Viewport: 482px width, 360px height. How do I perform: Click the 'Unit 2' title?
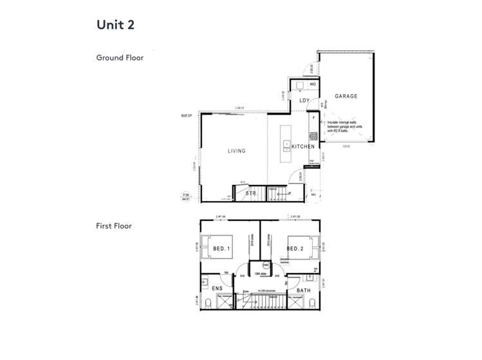coord(116,24)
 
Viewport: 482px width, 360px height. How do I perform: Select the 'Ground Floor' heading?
coord(120,57)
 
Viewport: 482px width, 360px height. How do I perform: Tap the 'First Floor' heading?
coord(114,226)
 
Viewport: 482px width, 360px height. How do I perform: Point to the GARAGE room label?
coord(346,97)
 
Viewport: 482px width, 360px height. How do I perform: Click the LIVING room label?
coord(236,151)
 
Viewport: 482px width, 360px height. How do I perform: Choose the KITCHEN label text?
coord(303,147)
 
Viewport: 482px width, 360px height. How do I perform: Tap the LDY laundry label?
coord(304,101)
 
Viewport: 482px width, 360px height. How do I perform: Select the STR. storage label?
coord(252,193)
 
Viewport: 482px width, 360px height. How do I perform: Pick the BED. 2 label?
coord(295,249)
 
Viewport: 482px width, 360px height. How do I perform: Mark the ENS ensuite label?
coord(217,289)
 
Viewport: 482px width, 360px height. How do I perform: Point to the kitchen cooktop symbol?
coord(313,137)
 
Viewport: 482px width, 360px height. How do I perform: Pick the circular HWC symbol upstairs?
coord(266,265)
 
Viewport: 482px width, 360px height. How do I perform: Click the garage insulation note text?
coord(347,126)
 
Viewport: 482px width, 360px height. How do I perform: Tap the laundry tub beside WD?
coord(300,85)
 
